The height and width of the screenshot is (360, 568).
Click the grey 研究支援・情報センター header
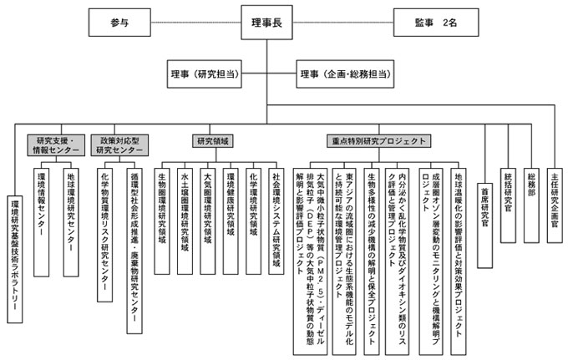(x=57, y=145)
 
